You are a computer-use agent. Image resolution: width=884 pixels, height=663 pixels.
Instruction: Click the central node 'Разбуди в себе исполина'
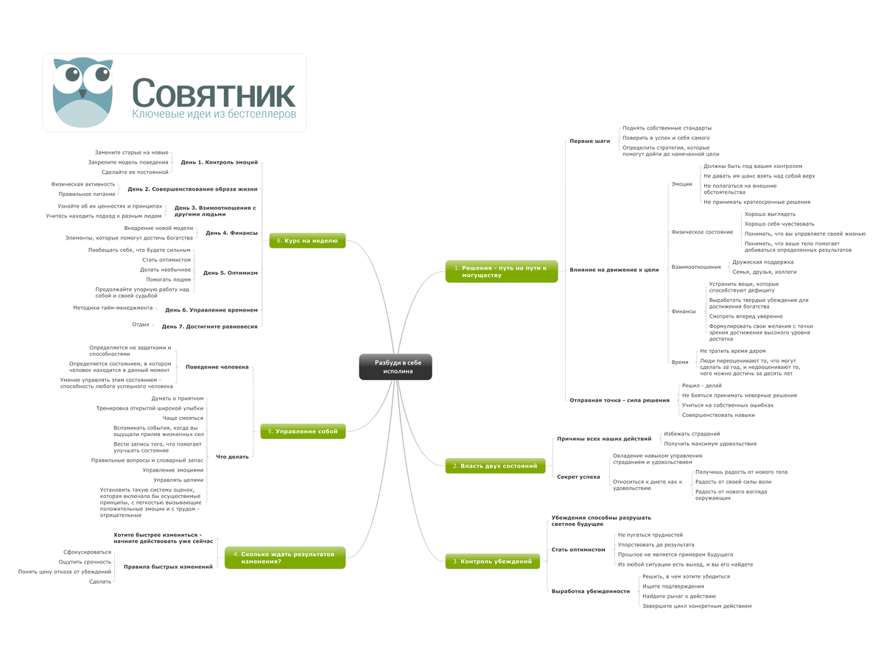[x=396, y=367]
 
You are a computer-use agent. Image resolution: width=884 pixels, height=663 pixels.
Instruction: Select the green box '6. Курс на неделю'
[x=307, y=240]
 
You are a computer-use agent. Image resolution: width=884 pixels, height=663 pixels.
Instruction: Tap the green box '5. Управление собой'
[x=303, y=431]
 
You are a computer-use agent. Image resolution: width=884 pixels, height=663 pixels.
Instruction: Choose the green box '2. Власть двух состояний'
[x=495, y=466]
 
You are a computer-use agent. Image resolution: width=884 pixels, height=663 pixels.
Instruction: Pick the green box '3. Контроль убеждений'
[x=492, y=561]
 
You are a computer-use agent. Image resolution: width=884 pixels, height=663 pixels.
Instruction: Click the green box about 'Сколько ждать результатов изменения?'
[x=284, y=557]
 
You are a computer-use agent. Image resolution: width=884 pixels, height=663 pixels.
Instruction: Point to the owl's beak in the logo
[x=83, y=94]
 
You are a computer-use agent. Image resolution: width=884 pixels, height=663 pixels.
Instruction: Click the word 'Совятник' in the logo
[x=214, y=94]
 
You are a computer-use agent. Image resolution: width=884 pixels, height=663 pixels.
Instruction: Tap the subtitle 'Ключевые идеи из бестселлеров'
[x=214, y=115]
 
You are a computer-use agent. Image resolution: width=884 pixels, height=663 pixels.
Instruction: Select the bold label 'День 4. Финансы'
[x=231, y=233]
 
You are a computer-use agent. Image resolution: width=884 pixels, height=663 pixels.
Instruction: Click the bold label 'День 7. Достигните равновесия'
[x=210, y=326]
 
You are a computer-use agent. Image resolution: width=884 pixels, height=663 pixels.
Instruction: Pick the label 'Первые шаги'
[x=590, y=141]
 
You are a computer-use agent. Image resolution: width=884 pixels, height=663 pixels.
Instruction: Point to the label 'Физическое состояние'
[x=702, y=232]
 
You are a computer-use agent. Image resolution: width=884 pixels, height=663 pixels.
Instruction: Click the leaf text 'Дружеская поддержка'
[x=762, y=262]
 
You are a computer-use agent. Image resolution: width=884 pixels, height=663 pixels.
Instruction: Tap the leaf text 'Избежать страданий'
[x=692, y=434]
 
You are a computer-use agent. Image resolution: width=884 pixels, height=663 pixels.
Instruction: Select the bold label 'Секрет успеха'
[x=578, y=477]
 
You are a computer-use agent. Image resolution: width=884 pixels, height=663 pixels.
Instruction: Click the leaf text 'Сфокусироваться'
[x=87, y=552]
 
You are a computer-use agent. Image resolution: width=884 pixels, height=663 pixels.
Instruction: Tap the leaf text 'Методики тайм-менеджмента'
[x=113, y=307]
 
